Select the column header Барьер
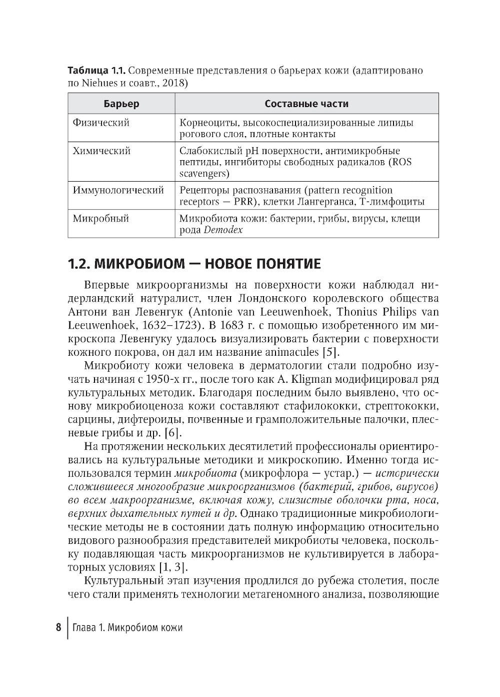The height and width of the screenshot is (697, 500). tap(121, 104)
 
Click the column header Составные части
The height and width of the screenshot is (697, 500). tap(306, 104)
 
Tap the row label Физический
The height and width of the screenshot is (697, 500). tap(101, 123)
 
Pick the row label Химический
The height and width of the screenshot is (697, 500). tap(102, 151)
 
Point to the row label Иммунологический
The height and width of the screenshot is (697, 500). tap(118, 191)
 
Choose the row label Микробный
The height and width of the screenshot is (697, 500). tap(101, 219)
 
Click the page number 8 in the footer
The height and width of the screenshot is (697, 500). tap(58, 627)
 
